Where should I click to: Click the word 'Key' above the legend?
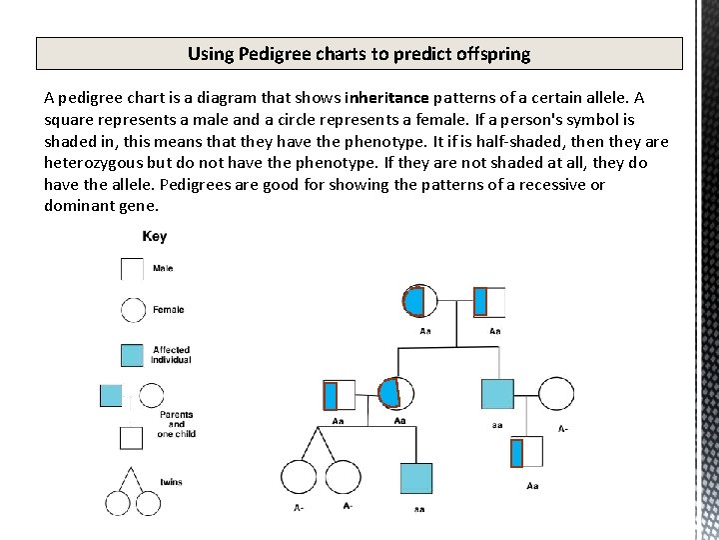[155, 237]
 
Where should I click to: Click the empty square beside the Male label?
[132, 269]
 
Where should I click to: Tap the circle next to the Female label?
[133, 310]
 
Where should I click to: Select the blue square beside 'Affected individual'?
[132, 354]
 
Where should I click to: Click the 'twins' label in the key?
[171, 482]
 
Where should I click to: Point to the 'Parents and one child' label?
[175, 424]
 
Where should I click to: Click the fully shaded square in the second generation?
[497, 394]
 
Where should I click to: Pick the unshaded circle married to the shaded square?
[558, 394]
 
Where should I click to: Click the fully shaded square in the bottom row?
[416, 478]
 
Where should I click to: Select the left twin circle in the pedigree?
[299, 478]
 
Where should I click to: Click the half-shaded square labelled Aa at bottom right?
[526, 452]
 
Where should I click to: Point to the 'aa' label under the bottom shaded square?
[419, 509]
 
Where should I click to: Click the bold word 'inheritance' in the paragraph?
[386, 98]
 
